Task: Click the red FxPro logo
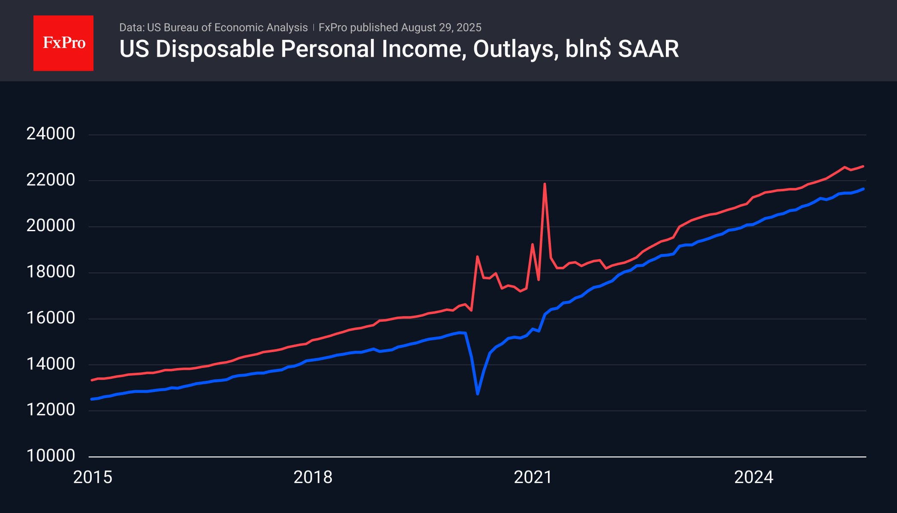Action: click(x=63, y=43)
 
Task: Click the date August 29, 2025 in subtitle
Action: click(x=441, y=27)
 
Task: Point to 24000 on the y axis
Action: click(x=51, y=134)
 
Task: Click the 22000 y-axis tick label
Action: click(x=51, y=180)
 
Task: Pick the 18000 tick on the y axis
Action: click(x=51, y=272)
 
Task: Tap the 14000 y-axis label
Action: click(x=51, y=364)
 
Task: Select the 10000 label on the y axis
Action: click(x=51, y=456)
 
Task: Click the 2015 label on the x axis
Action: click(x=93, y=477)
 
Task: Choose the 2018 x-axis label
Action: click(x=313, y=477)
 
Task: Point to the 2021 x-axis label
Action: click(x=533, y=477)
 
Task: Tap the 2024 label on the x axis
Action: click(x=753, y=477)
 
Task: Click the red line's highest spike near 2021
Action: click(x=545, y=184)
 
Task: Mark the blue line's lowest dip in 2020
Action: click(x=478, y=394)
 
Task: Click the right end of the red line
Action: click(x=863, y=166)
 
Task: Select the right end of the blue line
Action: click(x=863, y=189)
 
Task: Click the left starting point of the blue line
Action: click(x=92, y=399)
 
